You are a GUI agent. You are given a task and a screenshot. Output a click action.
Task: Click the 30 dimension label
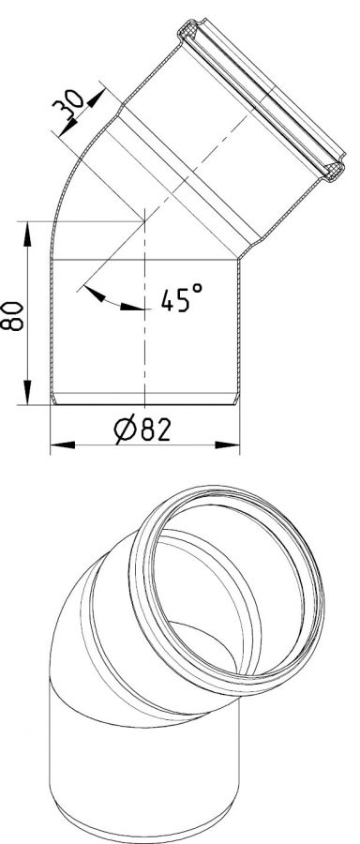tap(67, 104)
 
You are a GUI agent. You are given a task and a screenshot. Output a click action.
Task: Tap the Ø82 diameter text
tap(142, 430)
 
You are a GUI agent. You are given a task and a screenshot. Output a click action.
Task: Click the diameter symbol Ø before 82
tap(125, 430)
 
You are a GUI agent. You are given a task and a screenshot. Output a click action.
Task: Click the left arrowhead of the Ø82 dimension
tap(63, 445)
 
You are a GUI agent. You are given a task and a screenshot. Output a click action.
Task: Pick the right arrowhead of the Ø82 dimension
tap(227, 445)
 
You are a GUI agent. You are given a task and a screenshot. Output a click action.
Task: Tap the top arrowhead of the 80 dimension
tap(26, 234)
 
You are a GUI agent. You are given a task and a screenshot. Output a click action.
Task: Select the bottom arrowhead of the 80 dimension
tap(26, 392)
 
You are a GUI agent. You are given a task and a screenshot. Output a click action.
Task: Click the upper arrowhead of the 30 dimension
tap(97, 98)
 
